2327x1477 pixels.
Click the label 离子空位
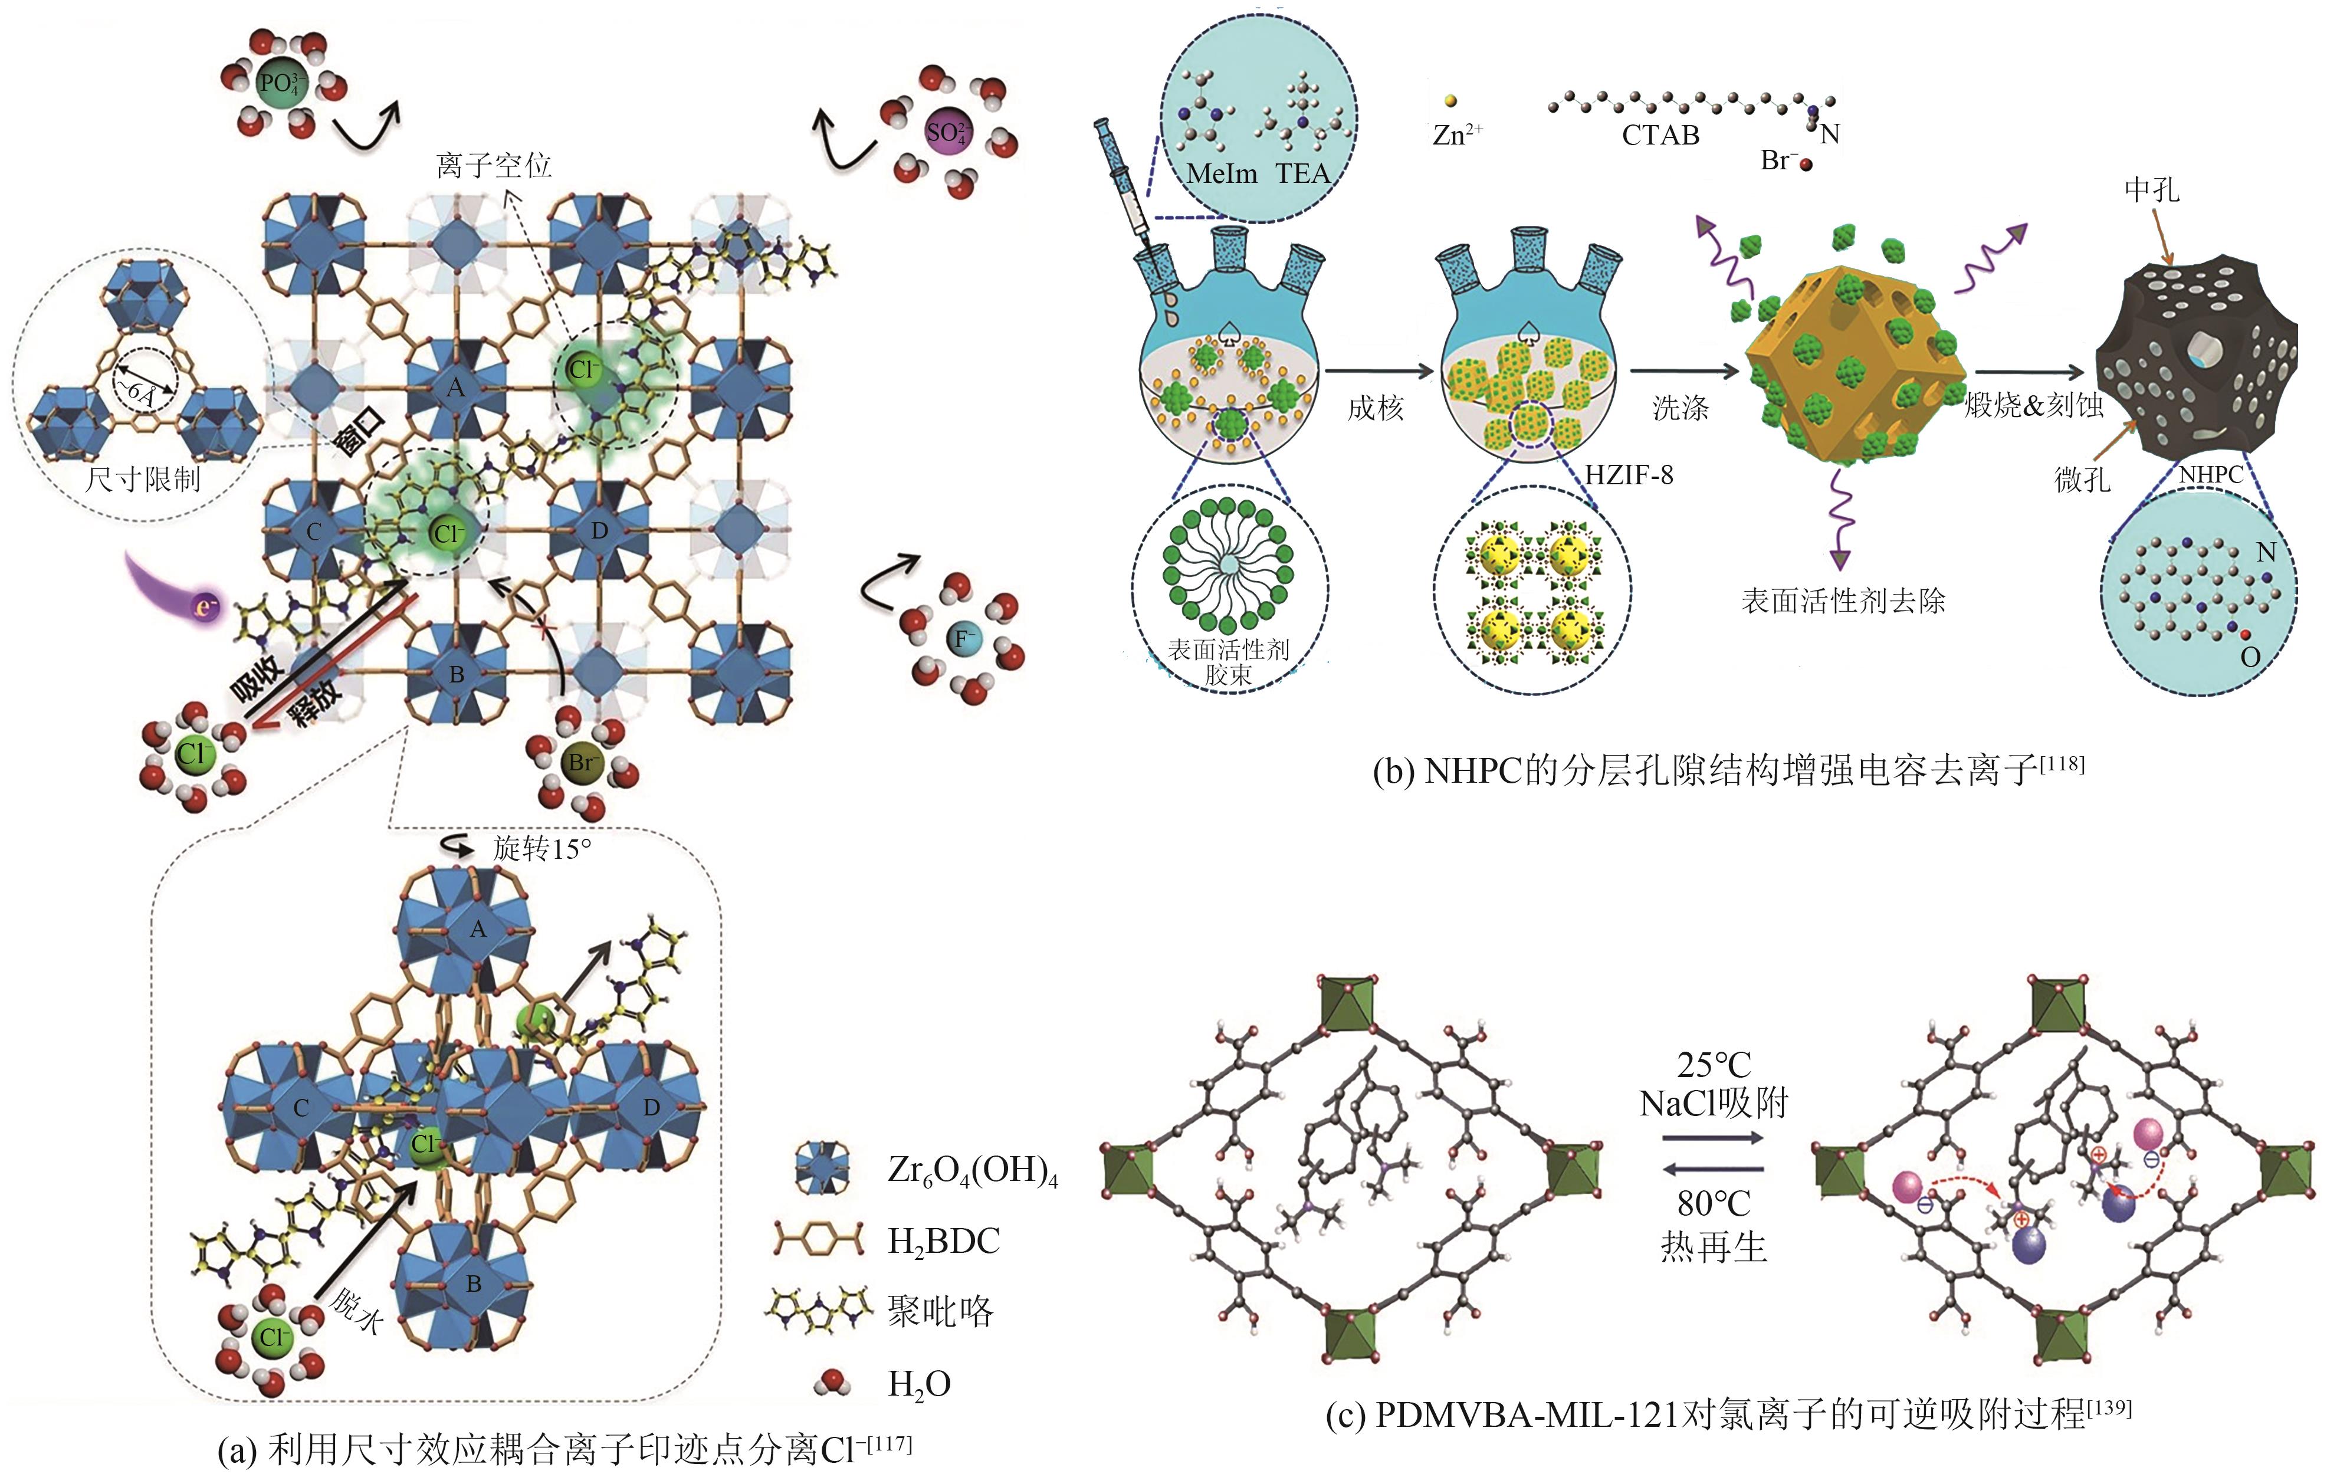tap(494, 165)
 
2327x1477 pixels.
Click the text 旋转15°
tap(541, 849)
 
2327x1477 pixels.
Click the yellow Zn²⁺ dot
tap(1449, 100)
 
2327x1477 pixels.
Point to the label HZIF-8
tap(1629, 475)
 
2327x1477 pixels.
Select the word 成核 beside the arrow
tap(1375, 408)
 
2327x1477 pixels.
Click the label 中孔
tap(2151, 189)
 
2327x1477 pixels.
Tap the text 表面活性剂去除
tap(1843, 601)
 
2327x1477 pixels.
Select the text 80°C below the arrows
tap(1714, 1203)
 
